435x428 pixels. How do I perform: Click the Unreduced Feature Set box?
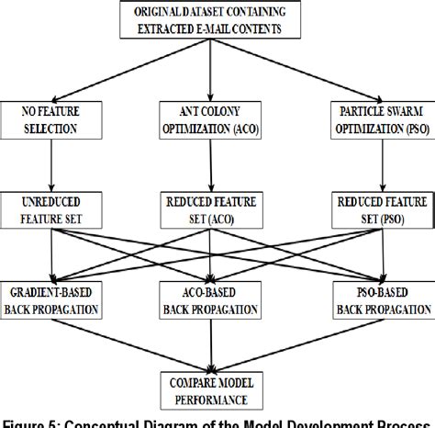tap(50, 208)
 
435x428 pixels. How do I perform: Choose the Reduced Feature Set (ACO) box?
tap(213, 208)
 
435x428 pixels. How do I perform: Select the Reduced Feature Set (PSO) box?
tap(379, 208)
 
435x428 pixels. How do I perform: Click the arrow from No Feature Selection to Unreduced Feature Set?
tap(50, 163)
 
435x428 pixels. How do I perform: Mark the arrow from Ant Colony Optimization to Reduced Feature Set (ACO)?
tap(213, 163)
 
